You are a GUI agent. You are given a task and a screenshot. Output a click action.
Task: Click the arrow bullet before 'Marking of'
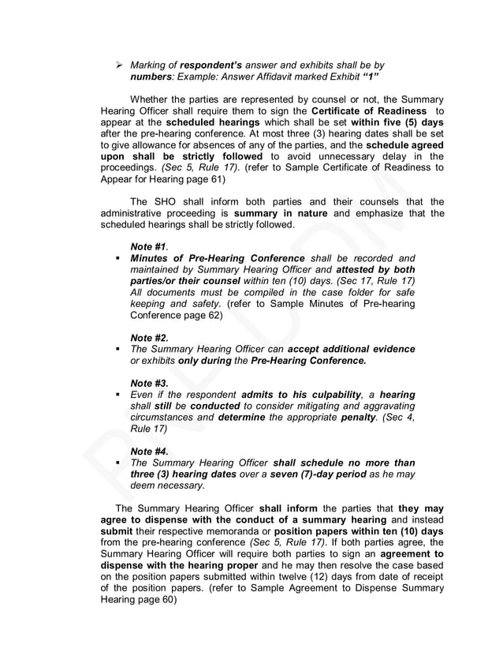click(x=120, y=65)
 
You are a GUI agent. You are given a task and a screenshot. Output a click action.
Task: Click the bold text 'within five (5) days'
click(x=393, y=123)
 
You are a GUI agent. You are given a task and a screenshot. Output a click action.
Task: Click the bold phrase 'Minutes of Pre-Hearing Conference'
click(x=218, y=258)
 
